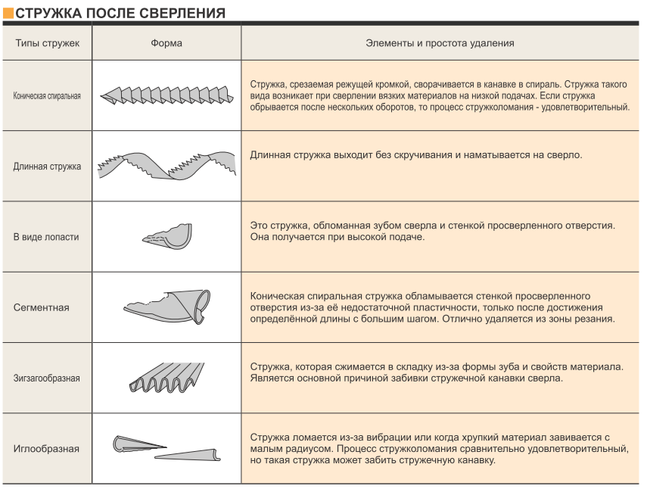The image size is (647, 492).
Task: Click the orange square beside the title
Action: pyautogui.click(x=8, y=13)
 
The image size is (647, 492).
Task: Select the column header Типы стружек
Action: pyautogui.click(x=48, y=43)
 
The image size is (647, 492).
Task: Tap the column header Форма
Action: pyautogui.click(x=166, y=43)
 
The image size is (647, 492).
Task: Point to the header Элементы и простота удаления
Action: pyautogui.click(x=440, y=43)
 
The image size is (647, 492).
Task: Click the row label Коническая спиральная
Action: pyautogui.click(x=47, y=96)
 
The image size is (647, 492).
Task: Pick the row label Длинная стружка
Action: pyautogui.click(x=47, y=167)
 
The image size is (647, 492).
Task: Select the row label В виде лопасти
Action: pyautogui.click(x=46, y=237)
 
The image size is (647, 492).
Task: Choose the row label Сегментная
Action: pyautogui.click(x=42, y=307)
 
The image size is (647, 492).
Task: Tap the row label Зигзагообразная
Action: pyautogui.click(x=47, y=378)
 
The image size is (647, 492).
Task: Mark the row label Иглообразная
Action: pyautogui.click(x=46, y=449)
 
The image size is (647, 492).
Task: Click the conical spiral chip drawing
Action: pyautogui.click(x=166, y=95)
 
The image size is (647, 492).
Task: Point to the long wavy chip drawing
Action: pyautogui.click(x=166, y=166)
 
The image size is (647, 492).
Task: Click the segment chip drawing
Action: pyautogui.click(x=167, y=307)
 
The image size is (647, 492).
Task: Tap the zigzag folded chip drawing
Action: pyautogui.click(x=166, y=378)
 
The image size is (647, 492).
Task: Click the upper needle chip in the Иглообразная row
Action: pyautogui.click(x=138, y=444)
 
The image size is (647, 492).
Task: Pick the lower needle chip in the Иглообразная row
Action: pyautogui.click(x=188, y=455)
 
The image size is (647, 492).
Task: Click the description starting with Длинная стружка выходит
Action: pyautogui.click(x=416, y=155)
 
